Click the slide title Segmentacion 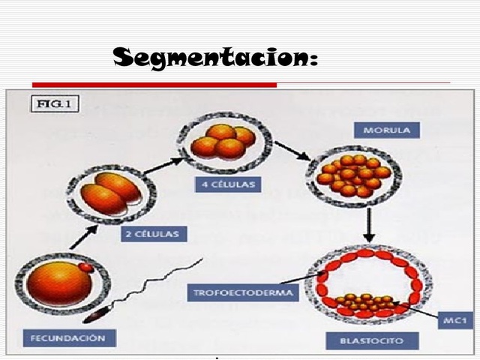coord(214,57)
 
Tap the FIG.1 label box coord(55,104)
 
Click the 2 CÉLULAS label coord(151,235)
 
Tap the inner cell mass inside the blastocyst coord(364,303)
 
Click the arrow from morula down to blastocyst coord(369,224)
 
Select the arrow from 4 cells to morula coord(289,150)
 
